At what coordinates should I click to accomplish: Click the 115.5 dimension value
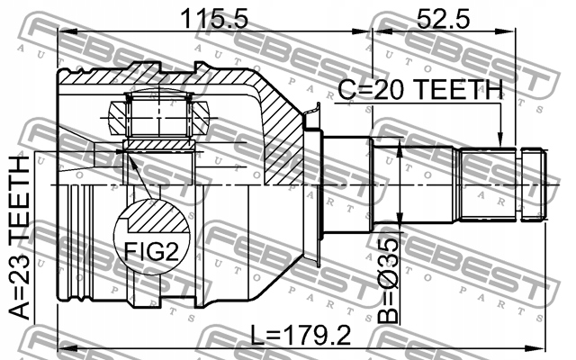[214, 19]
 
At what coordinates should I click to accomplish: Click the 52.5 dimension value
[443, 19]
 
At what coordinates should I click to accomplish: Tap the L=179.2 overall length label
[301, 335]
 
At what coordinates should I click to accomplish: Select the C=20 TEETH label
[420, 90]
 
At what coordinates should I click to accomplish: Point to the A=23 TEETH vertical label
[19, 238]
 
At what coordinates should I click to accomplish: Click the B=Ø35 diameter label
[388, 280]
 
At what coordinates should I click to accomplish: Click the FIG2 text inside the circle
[151, 252]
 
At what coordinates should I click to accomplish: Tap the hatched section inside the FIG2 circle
[156, 216]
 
